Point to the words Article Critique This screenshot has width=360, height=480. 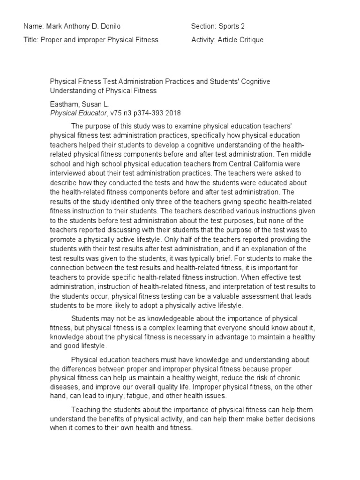[240, 40]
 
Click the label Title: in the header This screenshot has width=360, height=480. [31, 40]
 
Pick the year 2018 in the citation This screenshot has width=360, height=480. [172, 113]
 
